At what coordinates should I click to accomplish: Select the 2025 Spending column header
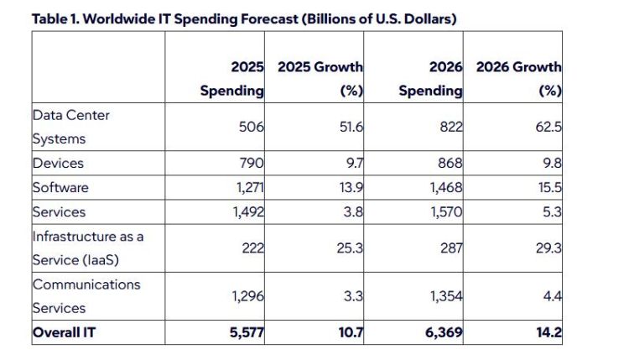(x=232, y=79)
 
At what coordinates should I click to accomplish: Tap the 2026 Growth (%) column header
(x=518, y=79)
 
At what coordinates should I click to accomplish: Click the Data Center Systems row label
(x=70, y=127)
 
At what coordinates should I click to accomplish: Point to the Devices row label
(x=58, y=164)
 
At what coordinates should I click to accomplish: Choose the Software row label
(x=60, y=187)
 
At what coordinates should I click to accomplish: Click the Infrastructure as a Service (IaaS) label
(x=88, y=248)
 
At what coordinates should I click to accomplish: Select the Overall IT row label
(x=65, y=332)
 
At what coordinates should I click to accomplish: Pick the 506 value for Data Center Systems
(x=252, y=127)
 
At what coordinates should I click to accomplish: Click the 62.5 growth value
(x=548, y=127)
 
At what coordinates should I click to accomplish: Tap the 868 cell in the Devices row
(x=450, y=164)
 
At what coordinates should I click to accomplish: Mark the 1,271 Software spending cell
(x=250, y=187)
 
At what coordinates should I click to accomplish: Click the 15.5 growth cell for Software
(x=550, y=187)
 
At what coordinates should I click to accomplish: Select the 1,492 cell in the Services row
(x=249, y=212)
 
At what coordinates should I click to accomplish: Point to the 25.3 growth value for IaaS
(x=350, y=248)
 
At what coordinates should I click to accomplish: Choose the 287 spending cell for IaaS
(x=451, y=248)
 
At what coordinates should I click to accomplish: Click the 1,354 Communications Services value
(x=446, y=296)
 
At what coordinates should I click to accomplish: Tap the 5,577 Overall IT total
(x=247, y=332)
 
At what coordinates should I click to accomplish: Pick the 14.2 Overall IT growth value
(x=549, y=332)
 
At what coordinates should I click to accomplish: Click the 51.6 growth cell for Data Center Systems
(x=351, y=127)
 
